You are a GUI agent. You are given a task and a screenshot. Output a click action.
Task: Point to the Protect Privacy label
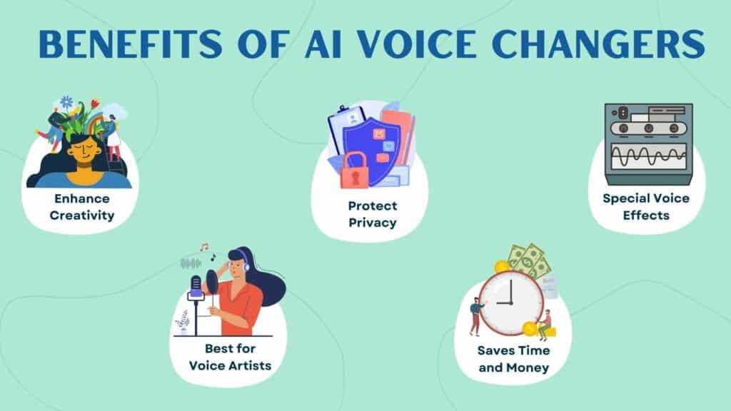tap(373, 214)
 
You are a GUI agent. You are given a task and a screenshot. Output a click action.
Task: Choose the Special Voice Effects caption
tap(646, 206)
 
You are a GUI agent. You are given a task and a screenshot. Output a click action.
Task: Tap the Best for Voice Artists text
tap(230, 357)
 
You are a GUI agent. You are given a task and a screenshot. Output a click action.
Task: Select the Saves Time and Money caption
tap(513, 359)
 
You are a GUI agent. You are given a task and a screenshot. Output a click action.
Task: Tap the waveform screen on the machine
tap(649, 156)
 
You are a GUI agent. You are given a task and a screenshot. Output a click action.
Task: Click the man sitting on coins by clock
tap(545, 325)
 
